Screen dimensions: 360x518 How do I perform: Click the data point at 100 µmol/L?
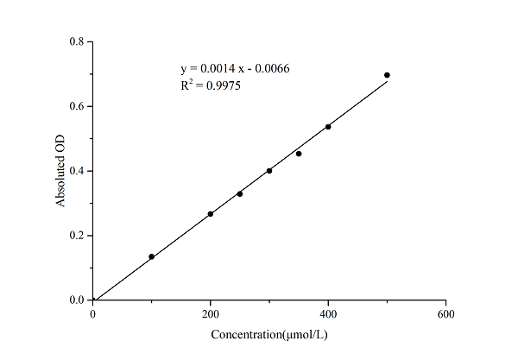click(152, 256)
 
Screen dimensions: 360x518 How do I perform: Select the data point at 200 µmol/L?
click(211, 214)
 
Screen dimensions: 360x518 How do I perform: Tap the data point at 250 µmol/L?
click(240, 193)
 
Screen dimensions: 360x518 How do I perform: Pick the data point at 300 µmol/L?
click(269, 171)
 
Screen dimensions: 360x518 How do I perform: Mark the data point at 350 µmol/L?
click(299, 154)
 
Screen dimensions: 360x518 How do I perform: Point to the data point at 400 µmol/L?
click(328, 127)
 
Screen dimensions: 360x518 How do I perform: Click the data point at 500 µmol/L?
click(387, 75)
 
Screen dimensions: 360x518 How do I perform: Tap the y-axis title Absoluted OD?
click(61, 171)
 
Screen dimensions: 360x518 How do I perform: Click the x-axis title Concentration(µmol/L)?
click(269, 334)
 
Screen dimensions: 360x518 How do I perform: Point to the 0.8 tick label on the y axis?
click(77, 41)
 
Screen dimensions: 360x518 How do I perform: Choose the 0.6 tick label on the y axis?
click(77, 106)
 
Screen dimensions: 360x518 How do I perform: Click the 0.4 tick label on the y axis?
click(77, 171)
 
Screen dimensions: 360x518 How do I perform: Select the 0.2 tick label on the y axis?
click(77, 236)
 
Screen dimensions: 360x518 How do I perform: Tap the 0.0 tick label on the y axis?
click(77, 300)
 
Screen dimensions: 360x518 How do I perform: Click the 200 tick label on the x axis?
click(211, 314)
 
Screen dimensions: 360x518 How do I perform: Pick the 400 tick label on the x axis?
click(328, 314)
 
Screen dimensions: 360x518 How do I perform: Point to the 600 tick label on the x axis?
click(445, 314)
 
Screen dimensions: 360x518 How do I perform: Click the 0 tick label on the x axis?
click(93, 314)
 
